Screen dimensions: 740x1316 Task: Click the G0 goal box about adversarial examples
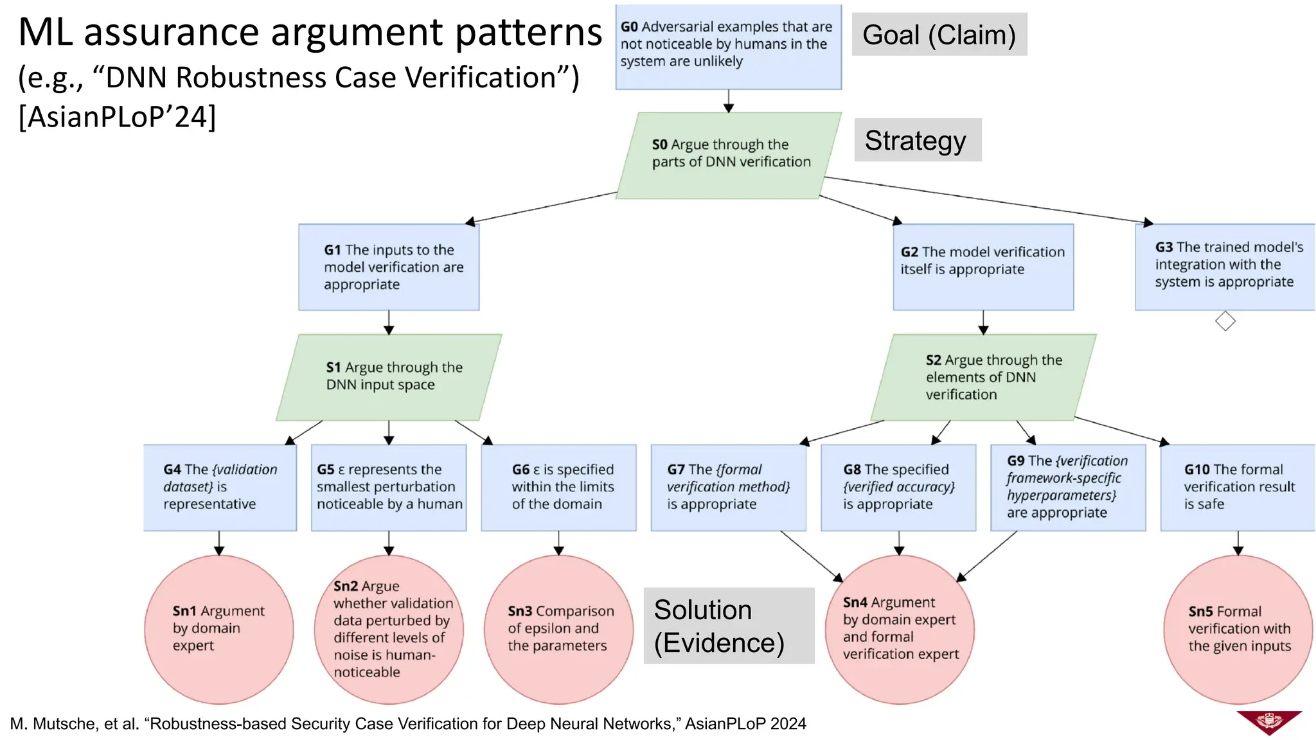[x=728, y=46]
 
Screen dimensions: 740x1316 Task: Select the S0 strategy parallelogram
[x=728, y=155]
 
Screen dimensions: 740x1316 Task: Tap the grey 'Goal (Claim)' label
[x=939, y=35]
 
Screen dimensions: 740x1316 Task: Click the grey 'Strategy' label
[x=917, y=140]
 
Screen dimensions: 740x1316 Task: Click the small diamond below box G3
[x=1225, y=321]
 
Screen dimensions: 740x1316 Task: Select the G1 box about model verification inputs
[x=389, y=267]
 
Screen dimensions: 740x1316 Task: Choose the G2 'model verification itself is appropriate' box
[x=983, y=267]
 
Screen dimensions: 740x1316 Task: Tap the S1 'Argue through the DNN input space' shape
[x=389, y=377]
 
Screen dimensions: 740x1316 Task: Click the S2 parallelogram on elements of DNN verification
[x=983, y=377]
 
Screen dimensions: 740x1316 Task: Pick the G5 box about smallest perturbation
[x=389, y=487]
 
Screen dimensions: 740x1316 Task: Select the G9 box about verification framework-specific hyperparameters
[x=1067, y=487]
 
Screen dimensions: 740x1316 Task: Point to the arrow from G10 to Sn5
[x=1238, y=543]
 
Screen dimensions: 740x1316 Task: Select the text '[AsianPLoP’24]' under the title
[x=117, y=118]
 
